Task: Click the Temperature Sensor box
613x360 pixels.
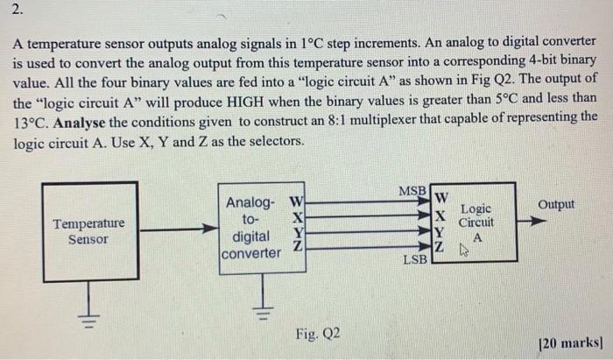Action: pyautogui.click(x=89, y=231)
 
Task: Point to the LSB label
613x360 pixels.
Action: pyautogui.click(x=415, y=259)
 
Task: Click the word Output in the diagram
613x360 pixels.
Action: pyautogui.click(x=557, y=204)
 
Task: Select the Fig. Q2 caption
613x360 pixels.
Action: pyautogui.click(x=319, y=333)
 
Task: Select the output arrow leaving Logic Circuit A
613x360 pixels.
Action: pyautogui.click(x=531, y=222)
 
